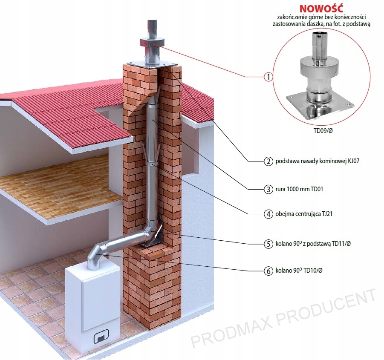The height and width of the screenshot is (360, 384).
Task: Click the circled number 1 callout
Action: pos(268,77)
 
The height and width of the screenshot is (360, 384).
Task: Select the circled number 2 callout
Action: pos(268,161)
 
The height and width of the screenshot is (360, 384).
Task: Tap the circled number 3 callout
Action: pos(268,188)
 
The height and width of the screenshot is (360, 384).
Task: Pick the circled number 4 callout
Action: pos(268,214)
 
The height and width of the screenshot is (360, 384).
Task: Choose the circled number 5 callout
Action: pos(268,244)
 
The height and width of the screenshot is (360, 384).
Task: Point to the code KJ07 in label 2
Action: pos(356,161)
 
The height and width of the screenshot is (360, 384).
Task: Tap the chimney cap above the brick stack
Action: pos(152,44)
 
